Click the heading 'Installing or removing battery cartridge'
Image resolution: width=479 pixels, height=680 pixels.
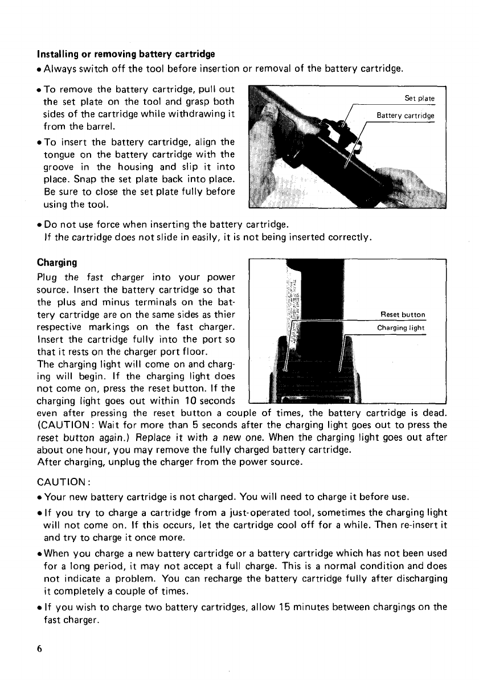126,55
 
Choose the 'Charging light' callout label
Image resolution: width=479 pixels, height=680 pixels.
402,327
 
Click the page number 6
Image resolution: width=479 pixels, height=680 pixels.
39,649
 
